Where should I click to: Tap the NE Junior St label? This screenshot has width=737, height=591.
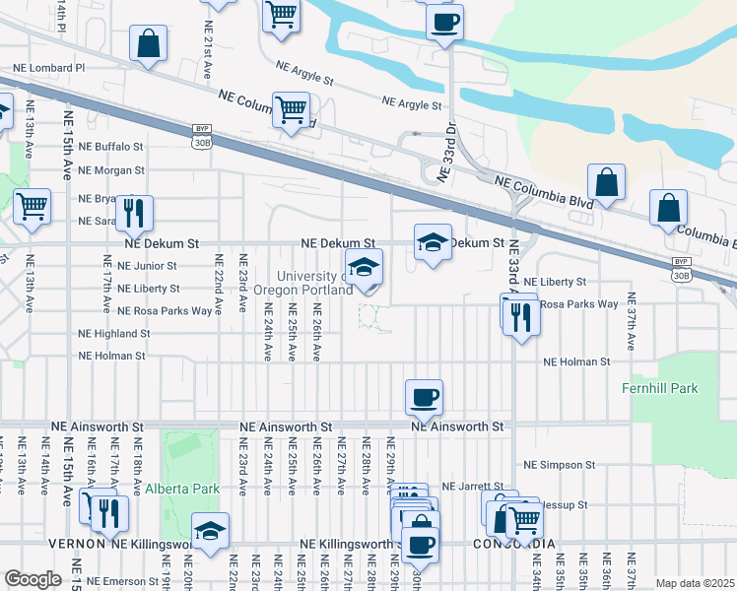click(x=147, y=266)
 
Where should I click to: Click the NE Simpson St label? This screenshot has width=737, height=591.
click(x=560, y=465)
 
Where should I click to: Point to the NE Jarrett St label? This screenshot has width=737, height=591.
click(x=473, y=487)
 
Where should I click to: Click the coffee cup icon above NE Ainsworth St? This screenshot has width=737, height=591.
click(x=424, y=397)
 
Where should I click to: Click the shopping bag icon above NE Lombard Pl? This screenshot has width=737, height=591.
click(x=148, y=42)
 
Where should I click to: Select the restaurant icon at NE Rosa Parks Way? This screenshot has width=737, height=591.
click(x=519, y=314)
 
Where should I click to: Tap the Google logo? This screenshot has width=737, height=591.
click(x=33, y=579)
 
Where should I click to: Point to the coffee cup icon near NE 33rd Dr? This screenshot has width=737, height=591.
click(x=444, y=21)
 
